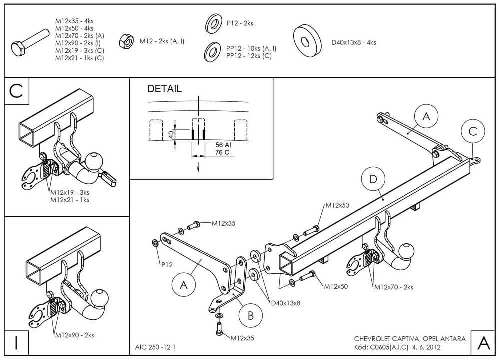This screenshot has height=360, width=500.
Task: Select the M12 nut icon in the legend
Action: click(126, 41)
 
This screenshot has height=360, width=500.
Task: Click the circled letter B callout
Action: click(251, 315)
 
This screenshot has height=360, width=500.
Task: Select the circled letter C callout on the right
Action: click(472, 131)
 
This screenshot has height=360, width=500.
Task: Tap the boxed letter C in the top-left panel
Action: click(16, 91)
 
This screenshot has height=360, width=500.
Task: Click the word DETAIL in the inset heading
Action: click(164, 89)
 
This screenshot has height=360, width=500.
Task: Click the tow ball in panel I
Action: click(100, 298)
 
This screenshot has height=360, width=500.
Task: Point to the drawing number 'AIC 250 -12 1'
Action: click(155, 346)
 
